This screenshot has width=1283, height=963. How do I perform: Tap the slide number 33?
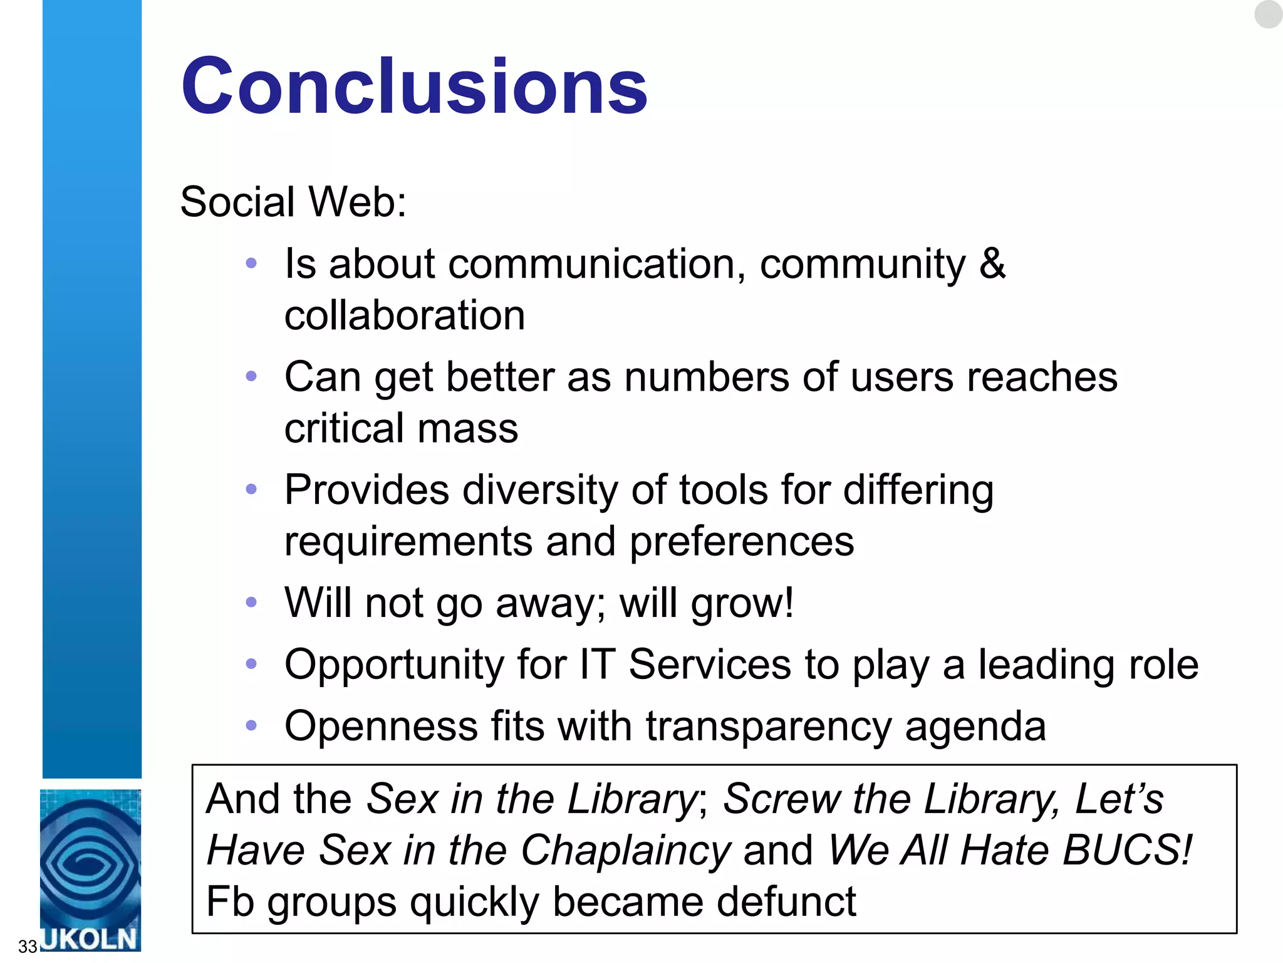point(28,945)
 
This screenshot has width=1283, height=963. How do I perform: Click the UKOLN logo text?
point(89,939)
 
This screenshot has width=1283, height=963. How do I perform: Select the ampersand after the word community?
point(992,263)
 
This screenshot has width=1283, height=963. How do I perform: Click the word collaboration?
point(405,315)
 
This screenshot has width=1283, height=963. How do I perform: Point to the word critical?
point(344,428)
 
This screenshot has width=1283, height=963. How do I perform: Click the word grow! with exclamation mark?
point(742,603)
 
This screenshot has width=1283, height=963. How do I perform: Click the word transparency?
point(769,726)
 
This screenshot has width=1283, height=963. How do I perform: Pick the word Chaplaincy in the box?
point(626,850)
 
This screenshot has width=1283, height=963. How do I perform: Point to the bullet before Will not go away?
point(251,603)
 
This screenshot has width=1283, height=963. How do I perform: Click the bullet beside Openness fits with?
point(251,725)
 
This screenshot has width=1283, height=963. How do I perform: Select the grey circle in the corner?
point(1268,14)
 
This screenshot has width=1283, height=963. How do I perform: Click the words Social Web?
point(293,202)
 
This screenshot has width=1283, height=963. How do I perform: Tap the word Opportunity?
point(394,664)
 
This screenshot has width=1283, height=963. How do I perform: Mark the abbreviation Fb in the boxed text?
point(230,902)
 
